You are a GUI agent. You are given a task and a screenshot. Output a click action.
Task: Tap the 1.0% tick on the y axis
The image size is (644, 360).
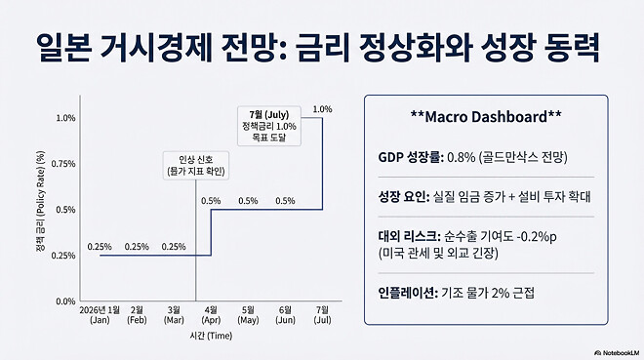tap(65, 118)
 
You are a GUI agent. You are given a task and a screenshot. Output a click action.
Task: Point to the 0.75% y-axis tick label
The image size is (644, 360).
tap(62, 164)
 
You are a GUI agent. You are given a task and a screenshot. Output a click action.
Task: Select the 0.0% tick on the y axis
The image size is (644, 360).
tap(65, 301)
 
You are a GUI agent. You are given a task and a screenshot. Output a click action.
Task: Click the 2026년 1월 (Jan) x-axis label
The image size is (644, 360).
tap(100, 315)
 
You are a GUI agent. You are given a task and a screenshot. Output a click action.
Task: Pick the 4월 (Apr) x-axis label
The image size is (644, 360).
tap(212, 315)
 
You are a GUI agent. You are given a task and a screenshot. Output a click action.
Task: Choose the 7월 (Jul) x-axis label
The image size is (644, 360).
tap(322, 315)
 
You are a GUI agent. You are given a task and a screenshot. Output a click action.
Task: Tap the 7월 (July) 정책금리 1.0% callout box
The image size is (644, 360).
tap(272, 126)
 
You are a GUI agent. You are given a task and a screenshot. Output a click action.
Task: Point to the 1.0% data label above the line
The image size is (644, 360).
tap(323, 108)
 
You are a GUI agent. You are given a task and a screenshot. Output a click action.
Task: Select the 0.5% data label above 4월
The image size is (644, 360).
tap(212, 201)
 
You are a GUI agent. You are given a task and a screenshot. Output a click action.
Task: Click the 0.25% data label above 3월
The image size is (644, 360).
tap(175, 247)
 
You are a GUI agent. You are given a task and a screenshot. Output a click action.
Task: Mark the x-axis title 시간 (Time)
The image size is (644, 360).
tap(211, 335)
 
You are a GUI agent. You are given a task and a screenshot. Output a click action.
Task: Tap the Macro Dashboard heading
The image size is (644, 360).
tap(486, 118)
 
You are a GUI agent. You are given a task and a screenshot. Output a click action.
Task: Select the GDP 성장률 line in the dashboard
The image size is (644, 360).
tap(473, 157)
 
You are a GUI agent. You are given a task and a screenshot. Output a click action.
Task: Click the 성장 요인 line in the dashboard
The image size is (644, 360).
tap(484, 196)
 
